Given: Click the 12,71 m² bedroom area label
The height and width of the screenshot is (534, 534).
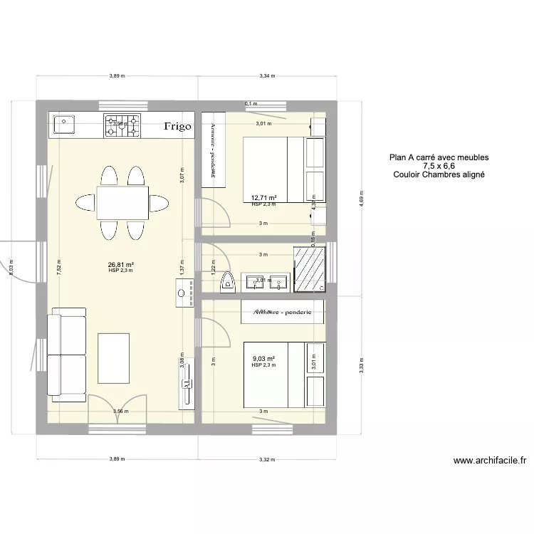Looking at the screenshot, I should pos(263,198).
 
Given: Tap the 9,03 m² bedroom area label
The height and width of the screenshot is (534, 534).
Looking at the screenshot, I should pos(263,359).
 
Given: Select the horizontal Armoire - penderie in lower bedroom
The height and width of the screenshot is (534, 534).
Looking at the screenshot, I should pos(283,310).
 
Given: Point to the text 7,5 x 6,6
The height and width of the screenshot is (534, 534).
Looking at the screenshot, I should pos(439,166).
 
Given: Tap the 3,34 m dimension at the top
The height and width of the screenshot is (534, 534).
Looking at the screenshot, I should pos(268,75).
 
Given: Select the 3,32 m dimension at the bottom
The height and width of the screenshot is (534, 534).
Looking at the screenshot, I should pos(268,459).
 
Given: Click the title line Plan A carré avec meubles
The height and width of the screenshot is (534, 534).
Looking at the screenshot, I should pos(439,157).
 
